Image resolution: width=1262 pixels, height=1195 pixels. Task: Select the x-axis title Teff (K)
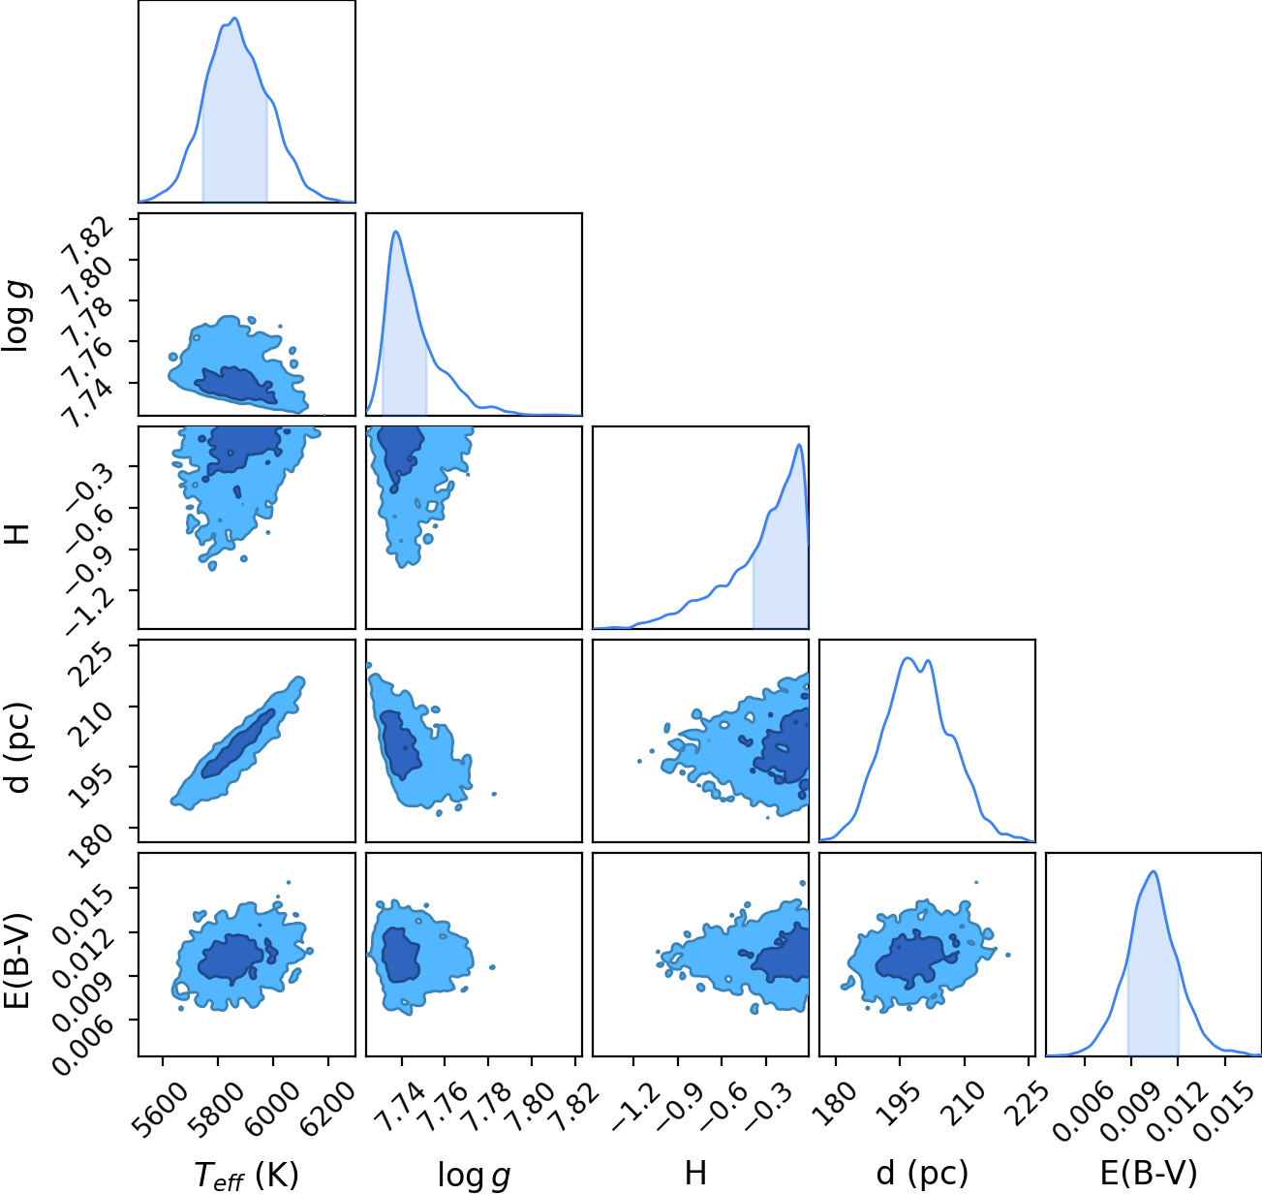coord(247,1176)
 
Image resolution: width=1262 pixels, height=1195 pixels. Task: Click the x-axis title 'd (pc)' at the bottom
coord(922,1173)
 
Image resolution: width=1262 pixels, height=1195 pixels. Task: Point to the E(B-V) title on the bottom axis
coord(1149,1173)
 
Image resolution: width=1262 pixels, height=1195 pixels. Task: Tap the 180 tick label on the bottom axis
coord(838,1104)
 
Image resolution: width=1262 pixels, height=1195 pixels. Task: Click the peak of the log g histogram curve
coord(396,232)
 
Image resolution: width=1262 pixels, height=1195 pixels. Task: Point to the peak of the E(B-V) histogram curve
coord(1154,872)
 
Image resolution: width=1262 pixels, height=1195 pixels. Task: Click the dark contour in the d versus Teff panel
coord(237,744)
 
